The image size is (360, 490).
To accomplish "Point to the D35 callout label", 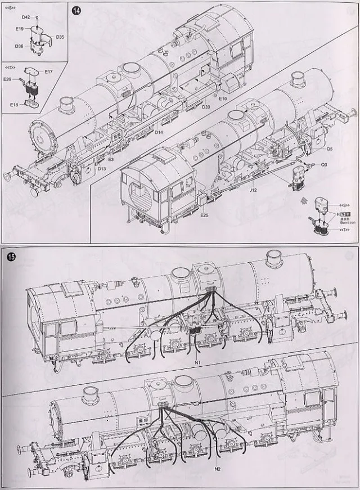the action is [60, 37].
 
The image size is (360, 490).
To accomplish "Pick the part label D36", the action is [20, 46].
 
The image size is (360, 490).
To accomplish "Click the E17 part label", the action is [48, 71].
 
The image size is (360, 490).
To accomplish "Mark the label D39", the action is [206, 107].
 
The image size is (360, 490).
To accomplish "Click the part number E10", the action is [223, 99].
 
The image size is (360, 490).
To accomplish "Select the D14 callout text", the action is [159, 133].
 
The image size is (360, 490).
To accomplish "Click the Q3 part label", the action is [324, 165].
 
